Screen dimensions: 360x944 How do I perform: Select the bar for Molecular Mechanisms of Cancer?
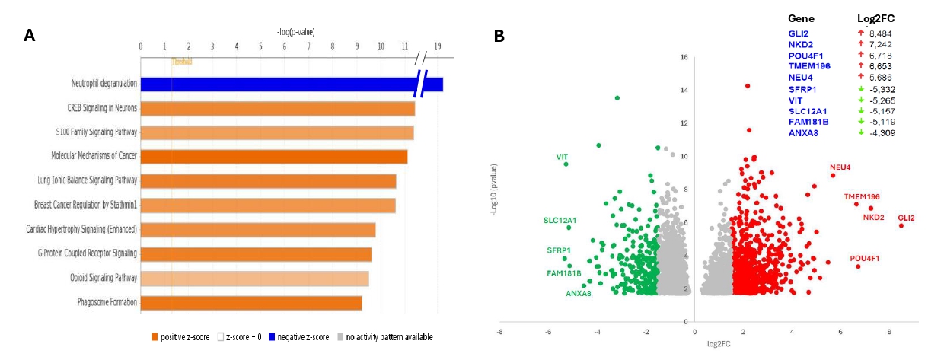pyautogui.click(x=274, y=157)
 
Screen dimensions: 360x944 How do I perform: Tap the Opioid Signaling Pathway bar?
pyautogui.click(x=255, y=279)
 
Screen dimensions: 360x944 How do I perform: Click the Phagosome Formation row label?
pyautogui.click(x=107, y=303)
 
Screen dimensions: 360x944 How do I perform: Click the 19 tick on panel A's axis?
pyautogui.click(x=438, y=46)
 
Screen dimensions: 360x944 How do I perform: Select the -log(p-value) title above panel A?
pyautogui.click(x=296, y=32)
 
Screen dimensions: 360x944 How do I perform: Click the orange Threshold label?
pyautogui.click(x=182, y=62)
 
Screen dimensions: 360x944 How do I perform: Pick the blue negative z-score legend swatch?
pyautogui.click(x=286, y=337)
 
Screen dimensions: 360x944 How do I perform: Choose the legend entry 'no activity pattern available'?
pyautogui.click(x=389, y=337)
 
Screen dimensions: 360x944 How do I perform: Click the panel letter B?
pyautogui.click(x=499, y=36)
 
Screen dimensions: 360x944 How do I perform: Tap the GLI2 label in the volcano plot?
pyautogui.click(x=906, y=218)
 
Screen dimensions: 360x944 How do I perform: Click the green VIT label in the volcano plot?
pyautogui.click(x=562, y=157)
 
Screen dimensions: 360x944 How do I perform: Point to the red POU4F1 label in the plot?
pyautogui.click(x=865, y=259)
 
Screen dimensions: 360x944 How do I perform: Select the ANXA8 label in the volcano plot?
pyautogui.click(x=579, y=293)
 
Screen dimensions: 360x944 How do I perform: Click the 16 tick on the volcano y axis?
pyautogui.click(x=684, y=57)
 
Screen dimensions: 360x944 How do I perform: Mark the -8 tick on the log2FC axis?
pyautogui.click(x=499, y=332)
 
